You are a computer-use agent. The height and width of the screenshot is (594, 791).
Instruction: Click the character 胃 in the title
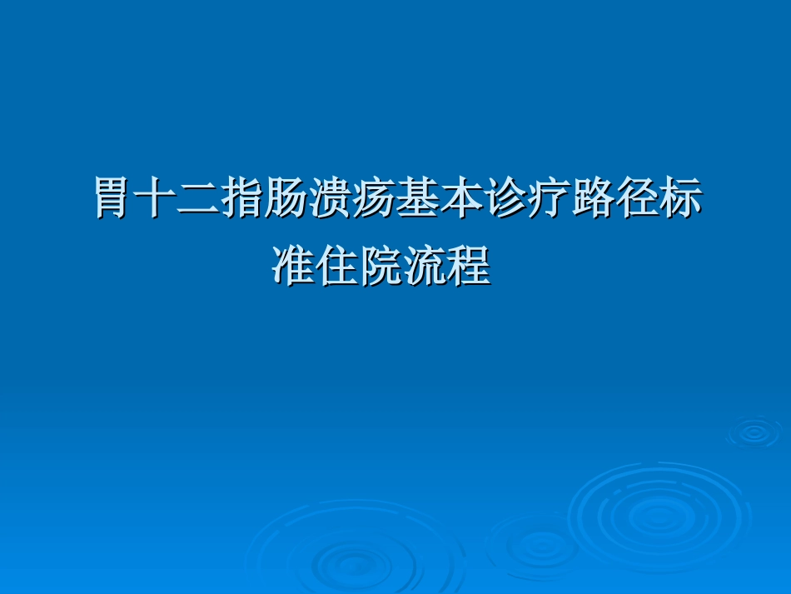pyautogui.click(x=113, y=200)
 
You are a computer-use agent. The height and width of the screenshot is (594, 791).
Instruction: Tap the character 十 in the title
pyautogui.click(x=157, y=200)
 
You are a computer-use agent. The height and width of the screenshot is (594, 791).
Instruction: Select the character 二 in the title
pyautogui.click(x=200, y=200)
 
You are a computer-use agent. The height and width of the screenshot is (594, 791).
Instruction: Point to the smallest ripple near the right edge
pyautogui.click(x=754, y=432)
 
